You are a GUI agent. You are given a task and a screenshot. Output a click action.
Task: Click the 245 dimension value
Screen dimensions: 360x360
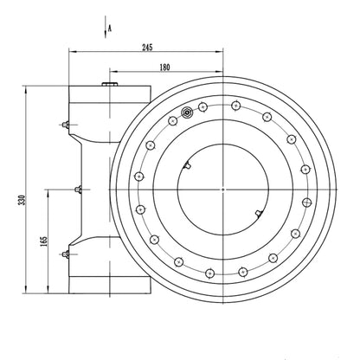147,48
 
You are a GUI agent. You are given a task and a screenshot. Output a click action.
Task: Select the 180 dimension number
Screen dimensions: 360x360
164,67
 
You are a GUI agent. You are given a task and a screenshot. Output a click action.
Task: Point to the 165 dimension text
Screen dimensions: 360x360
43,241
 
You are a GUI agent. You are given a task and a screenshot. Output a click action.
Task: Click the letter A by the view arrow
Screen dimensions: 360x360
110,29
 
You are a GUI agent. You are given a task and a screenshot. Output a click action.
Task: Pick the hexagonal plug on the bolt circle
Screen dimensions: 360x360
187,112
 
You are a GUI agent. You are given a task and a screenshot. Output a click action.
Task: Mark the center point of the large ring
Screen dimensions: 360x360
223,190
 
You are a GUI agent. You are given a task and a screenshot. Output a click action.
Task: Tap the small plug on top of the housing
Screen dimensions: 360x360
110,84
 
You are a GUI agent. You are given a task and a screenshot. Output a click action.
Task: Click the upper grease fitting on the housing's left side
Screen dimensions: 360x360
66,125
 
